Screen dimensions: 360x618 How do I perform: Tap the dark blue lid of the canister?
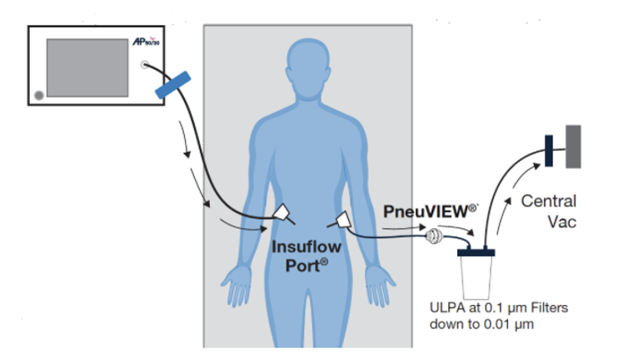pos(476,252)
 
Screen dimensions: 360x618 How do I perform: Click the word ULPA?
pos(448,307)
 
